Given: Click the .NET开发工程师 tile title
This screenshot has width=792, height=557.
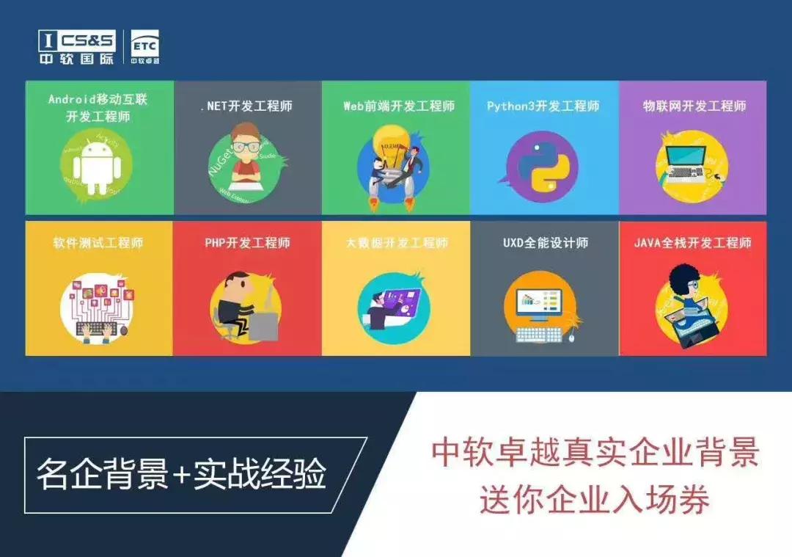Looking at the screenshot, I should [246, 106].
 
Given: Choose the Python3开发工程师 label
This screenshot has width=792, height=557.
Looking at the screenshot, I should [543, 106].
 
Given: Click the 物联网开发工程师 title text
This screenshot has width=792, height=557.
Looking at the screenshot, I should [694, 106].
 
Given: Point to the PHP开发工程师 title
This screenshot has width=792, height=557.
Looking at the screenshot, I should [247, 243].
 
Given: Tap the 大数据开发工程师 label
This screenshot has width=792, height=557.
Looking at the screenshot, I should [397, 243].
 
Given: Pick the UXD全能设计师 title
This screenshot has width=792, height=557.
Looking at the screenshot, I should [545, 243].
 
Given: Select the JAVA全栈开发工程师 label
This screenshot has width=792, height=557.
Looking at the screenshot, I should [692, 243].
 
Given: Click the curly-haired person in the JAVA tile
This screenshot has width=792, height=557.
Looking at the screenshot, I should [689, 297].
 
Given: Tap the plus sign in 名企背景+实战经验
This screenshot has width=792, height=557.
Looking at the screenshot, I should [181, 476].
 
